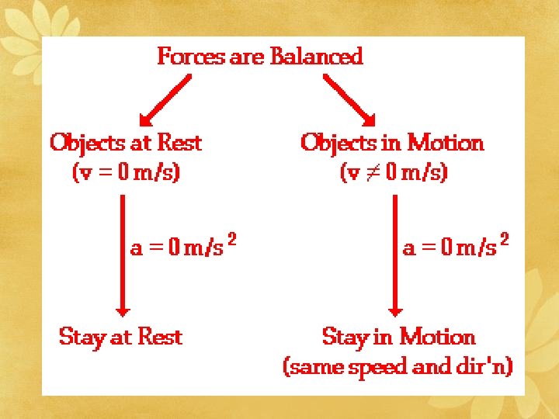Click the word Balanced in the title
click(316, 57)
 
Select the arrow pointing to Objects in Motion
click(349, 100)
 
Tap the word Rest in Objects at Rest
click(179, 143)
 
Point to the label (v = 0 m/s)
click(126, 172)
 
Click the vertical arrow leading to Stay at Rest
click(122, 255)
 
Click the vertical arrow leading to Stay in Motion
click(394, 255)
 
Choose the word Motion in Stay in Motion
click(437, 338)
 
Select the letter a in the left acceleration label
click(136, 248)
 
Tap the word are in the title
click(248, 57)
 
